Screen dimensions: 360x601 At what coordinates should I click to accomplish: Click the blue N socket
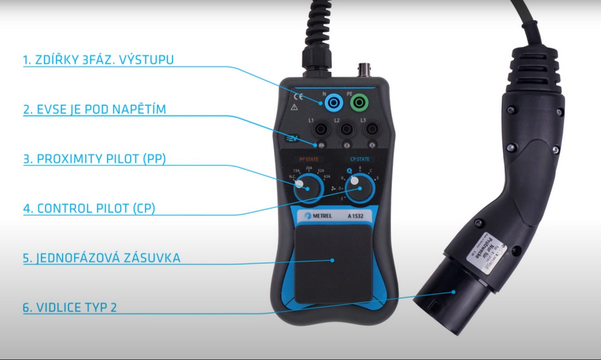tap(332, 102)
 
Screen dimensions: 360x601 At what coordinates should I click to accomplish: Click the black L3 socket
tap(372, 129)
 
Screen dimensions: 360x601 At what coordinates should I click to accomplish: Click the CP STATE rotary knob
tap(359, 189)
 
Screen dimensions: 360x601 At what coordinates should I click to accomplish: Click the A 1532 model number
tap(356, 216)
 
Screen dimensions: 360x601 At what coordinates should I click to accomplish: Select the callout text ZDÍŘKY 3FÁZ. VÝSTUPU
tap(98, 60)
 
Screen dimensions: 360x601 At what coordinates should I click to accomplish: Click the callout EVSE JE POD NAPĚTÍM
tap(95, 109)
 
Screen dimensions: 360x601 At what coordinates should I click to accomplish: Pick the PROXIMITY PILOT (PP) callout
tap(95, 160)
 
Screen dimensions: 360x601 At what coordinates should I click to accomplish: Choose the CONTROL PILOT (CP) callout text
tap(89, 209)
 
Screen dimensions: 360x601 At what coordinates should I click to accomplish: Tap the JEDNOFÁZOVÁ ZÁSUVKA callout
tap(102, 258)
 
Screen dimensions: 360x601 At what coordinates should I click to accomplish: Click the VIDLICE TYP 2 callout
tap(70, 307)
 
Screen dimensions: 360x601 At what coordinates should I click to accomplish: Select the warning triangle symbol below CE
tap(295, 108)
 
